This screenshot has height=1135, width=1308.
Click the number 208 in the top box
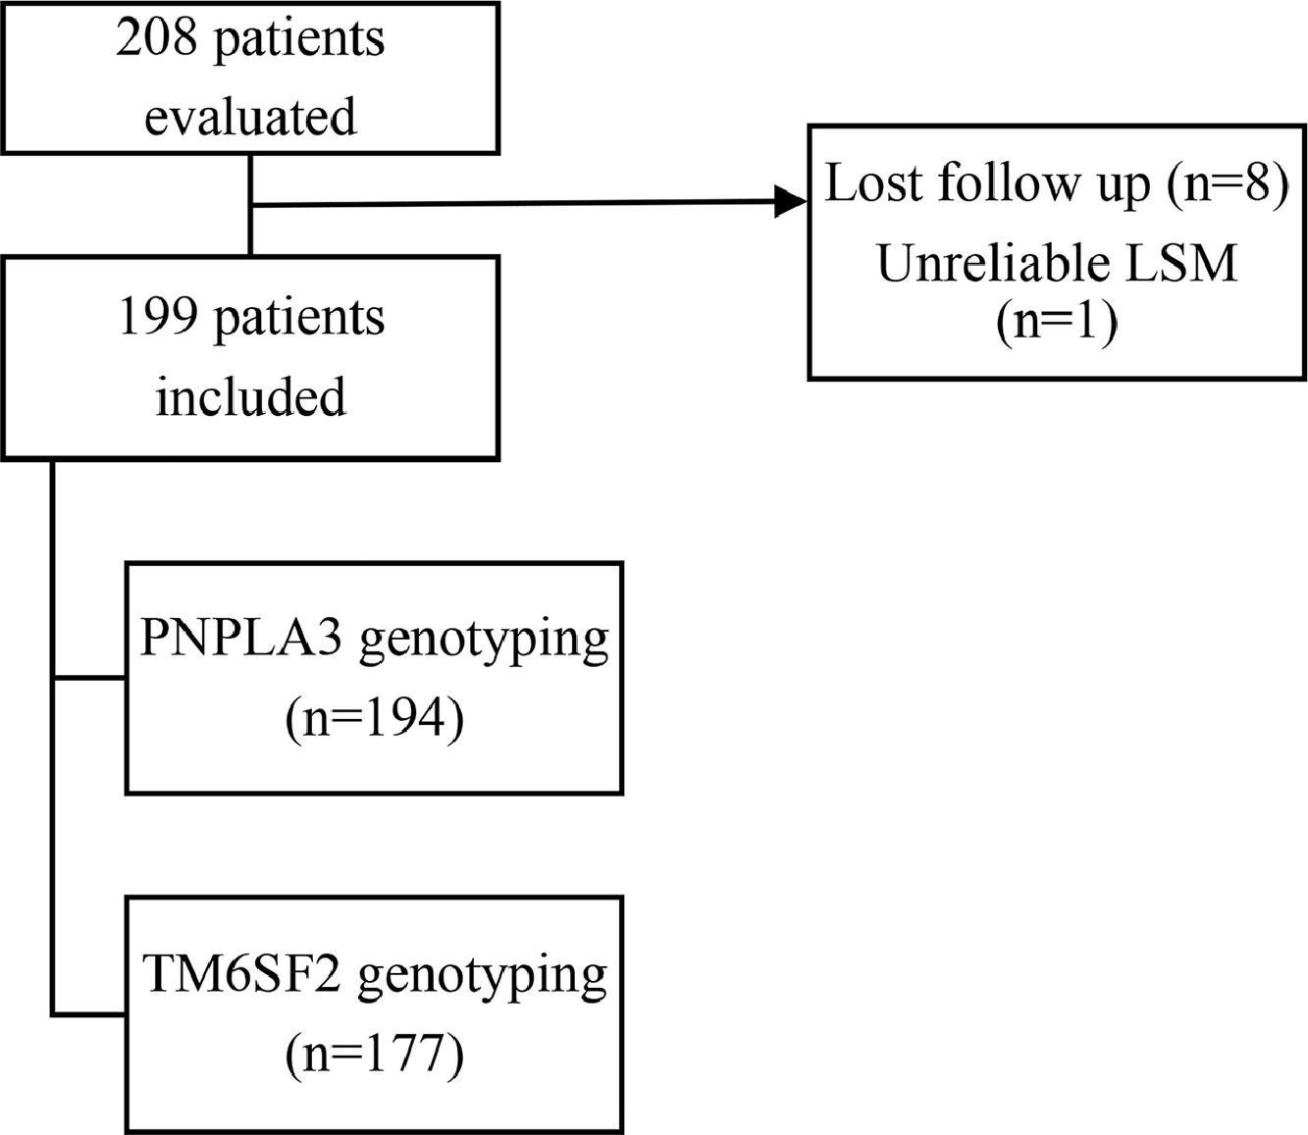(157, 38)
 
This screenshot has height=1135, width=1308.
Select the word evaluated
(250, 117)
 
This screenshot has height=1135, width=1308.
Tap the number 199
(158, 318)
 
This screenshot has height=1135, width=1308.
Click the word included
(250, 396)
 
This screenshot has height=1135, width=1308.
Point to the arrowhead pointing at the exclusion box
(791, 203)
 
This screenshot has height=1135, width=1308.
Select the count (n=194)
(375, 719)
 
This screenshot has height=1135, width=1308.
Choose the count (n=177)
(375, 1056)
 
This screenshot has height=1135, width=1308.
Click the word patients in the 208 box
(299, 42)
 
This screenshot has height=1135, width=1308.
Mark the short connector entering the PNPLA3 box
(89, 678)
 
